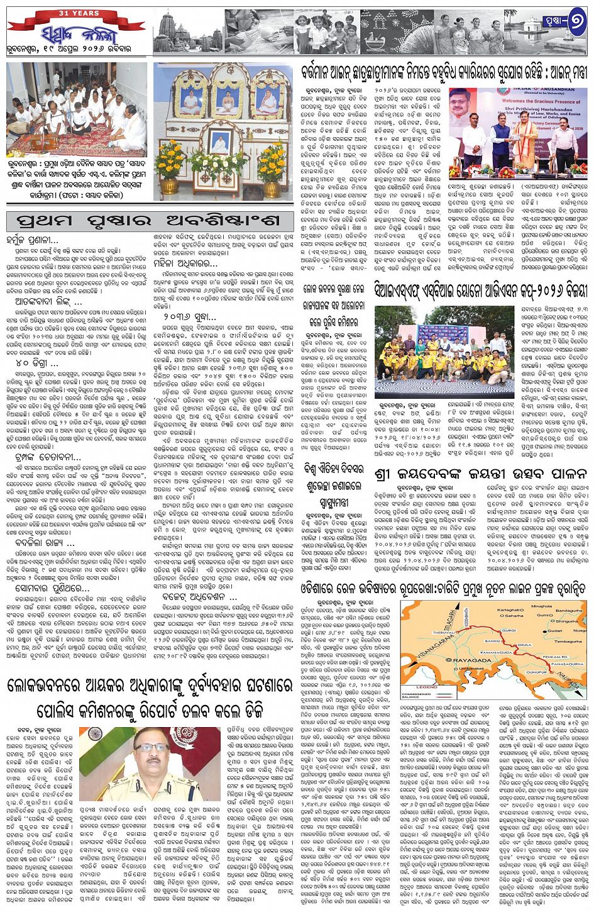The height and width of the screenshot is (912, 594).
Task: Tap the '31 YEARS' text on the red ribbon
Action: coord(77,13)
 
